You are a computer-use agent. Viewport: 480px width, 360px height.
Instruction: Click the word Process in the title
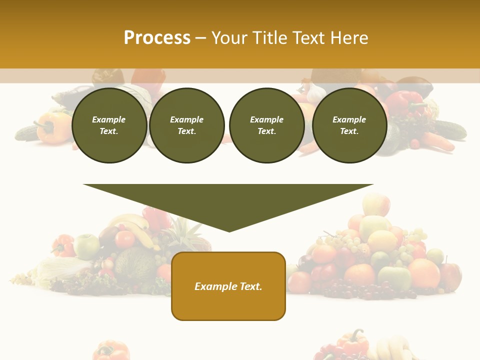pos(157,38)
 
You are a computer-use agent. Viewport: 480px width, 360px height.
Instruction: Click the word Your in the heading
pos(229,38)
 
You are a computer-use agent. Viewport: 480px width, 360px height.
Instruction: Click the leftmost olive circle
pos(109,125)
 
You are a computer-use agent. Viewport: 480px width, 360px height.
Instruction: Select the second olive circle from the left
pos(186,125)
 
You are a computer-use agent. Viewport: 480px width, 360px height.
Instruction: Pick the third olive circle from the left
pos(266,125)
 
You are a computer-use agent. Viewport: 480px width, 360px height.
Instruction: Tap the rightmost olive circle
pos(349,125)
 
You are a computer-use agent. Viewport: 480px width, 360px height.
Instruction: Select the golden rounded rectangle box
pos(228,286)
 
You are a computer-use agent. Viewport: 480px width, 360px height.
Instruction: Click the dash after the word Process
pos(200,38)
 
